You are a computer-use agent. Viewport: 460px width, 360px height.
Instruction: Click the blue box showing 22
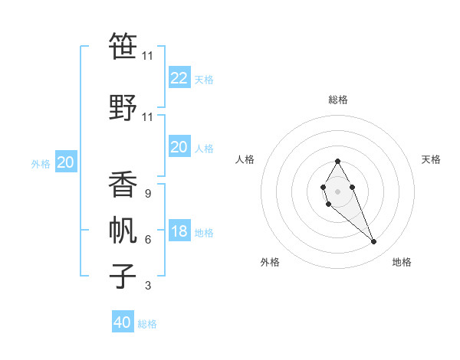tap(179, 78)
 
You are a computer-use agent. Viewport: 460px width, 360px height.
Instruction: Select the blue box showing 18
tap(179, 232)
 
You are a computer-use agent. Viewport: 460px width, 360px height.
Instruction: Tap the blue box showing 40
tap(123, 322)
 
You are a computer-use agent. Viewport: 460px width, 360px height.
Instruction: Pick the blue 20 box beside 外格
tap(66, 162)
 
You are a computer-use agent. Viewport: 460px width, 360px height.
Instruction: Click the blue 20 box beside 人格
tap(179, 148)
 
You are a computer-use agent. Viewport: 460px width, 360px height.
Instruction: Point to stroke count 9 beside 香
tap(148, 195)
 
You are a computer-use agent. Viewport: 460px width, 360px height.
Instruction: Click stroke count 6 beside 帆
tap(148, 240)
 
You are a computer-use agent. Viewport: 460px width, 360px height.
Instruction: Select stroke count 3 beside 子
tap(148, 286)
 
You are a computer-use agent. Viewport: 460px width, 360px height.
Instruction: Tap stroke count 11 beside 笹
tap(148, 57)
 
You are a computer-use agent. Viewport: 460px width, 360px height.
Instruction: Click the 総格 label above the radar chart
tap(338, 100)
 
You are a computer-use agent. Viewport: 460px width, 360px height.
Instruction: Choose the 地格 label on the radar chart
tap(402, 262)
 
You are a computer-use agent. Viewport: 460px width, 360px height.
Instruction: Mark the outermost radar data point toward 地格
tap(374, 242)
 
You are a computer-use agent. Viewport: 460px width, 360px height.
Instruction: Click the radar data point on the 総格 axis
tap(337, 161)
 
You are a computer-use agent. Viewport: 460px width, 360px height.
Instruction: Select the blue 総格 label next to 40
tap(147, 324)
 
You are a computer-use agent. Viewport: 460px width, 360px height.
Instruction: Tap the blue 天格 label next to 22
tap(203, 80)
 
